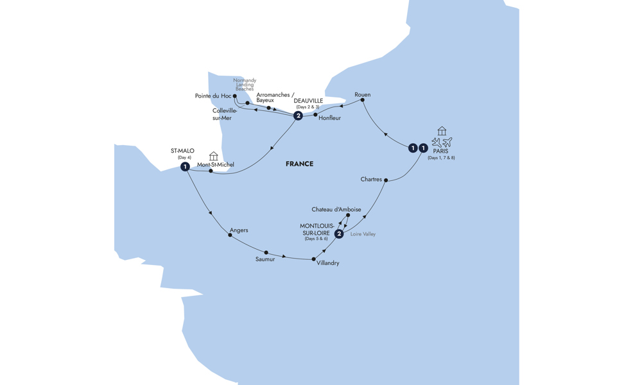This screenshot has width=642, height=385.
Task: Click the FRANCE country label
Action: click(299, 164)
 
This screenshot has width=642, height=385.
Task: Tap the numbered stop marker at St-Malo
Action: click(185, 167)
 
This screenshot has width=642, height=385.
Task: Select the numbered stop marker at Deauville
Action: click(299, 116)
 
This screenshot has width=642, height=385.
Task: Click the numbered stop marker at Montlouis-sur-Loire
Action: click(339, 234)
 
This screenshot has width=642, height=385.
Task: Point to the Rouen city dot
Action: click(362, 100)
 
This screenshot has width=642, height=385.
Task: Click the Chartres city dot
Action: click(386, 180)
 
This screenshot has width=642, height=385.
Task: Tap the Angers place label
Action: click(239, 230)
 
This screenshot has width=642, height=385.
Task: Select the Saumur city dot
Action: click(266, 252)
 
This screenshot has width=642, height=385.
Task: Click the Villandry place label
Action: click(327, 263)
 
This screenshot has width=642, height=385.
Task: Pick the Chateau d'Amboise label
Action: click(336, 209)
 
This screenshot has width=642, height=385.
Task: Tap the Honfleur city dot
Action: click(315, 115)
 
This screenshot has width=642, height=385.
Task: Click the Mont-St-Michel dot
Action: click(211, 171)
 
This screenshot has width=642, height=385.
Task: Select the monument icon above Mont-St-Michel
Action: click(213, 156)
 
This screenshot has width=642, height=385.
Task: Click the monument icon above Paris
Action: click(442, 131)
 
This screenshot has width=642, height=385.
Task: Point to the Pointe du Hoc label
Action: click(213, 96)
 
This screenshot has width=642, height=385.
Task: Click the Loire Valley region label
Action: click(363, 234)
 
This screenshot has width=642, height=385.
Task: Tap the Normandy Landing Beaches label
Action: click(245, 85)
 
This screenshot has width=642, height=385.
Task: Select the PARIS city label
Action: click(440, 151)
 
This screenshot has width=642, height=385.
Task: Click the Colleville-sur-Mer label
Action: click(224, 114)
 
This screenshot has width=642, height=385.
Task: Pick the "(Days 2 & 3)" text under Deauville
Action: click(308, 107)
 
